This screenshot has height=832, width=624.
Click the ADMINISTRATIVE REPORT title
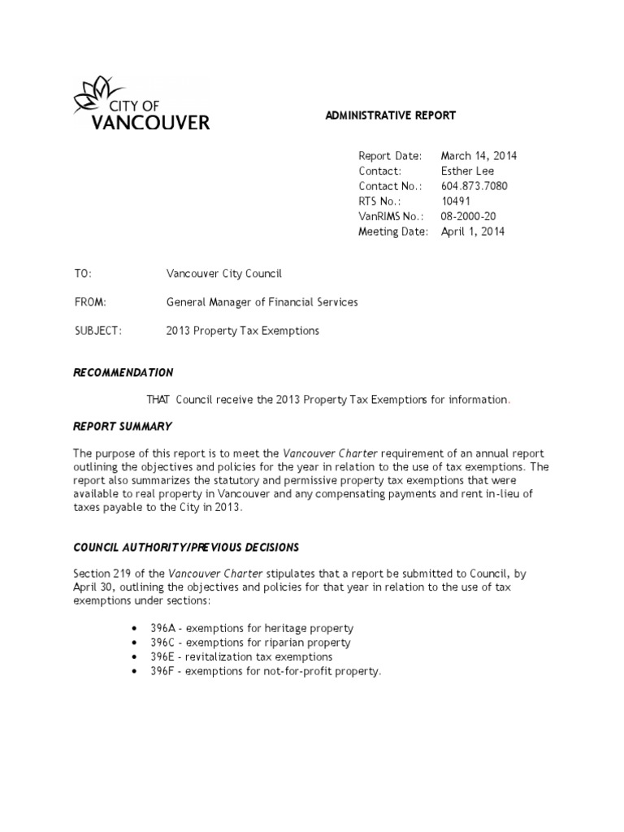390,115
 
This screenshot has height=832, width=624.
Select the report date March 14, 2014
479,156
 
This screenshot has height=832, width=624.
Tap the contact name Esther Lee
467,171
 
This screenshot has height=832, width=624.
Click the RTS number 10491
455,201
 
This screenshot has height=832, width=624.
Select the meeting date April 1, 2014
472,232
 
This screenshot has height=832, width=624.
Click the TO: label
83,275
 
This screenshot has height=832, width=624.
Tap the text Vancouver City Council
223,275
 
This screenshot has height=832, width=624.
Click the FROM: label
89,302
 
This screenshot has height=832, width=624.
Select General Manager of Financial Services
262,302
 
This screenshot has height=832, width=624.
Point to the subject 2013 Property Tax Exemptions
243,331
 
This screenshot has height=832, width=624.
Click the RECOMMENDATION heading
123,372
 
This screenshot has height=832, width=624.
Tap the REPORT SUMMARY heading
122,427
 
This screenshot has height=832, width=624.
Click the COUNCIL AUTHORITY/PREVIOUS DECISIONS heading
186,548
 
